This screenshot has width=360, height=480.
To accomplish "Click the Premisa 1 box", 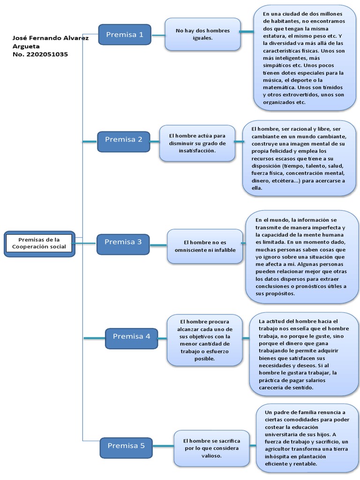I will [x=124, y=35].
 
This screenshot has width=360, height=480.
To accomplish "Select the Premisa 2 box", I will [x=123, y=140].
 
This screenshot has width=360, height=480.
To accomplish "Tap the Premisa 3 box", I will [x=123, y=242].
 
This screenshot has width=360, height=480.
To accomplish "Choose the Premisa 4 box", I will [x=131, y=337].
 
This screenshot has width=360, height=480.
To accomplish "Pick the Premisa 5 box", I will [x=126, y=446].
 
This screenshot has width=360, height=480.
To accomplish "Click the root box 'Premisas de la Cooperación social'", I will [x=39, y=243].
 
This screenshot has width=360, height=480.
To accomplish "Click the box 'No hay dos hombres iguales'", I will [x=202, y=34].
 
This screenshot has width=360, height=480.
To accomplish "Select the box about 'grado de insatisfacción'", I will [x=197, y=143].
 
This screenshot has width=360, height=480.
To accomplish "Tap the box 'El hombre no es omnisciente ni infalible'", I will [x=204, y=246].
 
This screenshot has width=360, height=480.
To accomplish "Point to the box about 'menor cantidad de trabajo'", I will [x=204, y=340].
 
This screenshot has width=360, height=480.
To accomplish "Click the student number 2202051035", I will [x=40, y=54].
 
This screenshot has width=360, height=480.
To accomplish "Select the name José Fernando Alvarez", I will [x=51, y=38].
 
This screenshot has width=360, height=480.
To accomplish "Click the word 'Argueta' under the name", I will [x=26, y=46].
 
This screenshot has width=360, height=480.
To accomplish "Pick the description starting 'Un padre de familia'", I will [x=307, y=438].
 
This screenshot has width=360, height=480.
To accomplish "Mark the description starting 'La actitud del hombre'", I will [x=304, y=354].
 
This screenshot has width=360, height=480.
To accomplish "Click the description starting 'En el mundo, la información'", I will [x=302, y=256].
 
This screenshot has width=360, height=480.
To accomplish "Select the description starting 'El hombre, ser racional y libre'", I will [x=299, y=158].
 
